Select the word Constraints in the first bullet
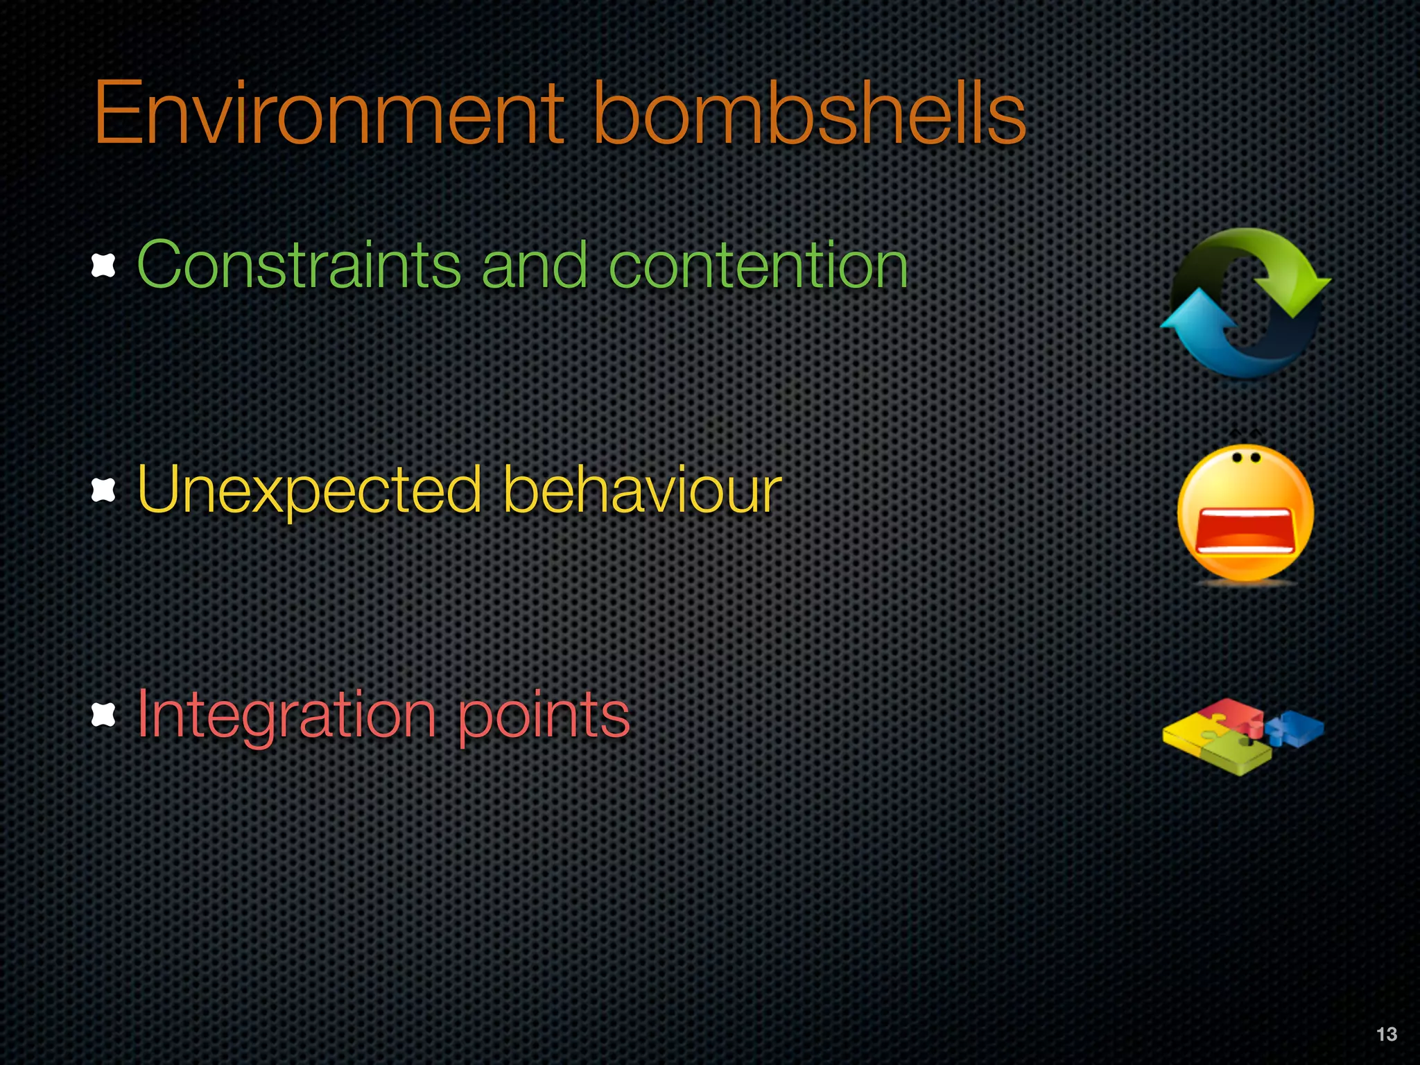click(299, 265)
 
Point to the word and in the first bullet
click(535, 265)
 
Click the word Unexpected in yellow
click(309, 490)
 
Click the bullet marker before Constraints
click(103, 266)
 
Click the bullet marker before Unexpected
click(103, 491)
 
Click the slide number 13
click(1386, 1034)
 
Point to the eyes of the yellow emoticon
click(1246, 458)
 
